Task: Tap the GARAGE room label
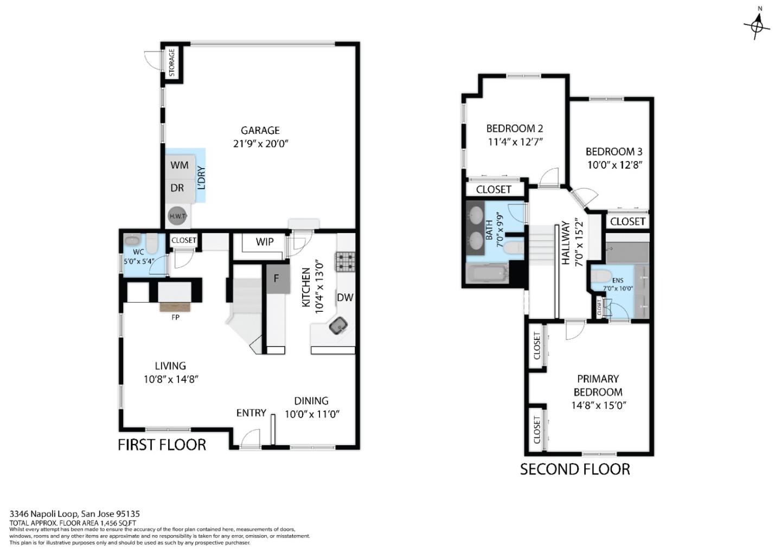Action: (x=260, y=130)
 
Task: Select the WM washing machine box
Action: (x=180, y=165)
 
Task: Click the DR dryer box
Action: (x=177, y=188)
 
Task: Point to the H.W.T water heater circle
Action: (x=178, y=216)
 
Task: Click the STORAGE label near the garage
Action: (x=172, y=62)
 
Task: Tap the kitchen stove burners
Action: (x=345, y=262)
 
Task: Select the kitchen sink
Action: (x=339, y=325)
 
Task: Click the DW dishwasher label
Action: (x=345, y=297)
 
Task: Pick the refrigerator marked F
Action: (x=276, y=279)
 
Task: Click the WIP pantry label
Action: (x=265, y=242)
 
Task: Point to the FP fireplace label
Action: (x=175, y=317)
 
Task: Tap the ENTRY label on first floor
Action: (x=251, y=413)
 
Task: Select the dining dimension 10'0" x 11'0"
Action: (x=312, y=414)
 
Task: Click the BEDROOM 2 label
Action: (x=514, y=129)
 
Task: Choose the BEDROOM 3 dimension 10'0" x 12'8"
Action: (x=614, y=165)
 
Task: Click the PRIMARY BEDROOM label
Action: (x=598, y=385)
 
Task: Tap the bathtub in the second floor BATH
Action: (x=487, y=273)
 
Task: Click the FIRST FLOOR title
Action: (x=162, y=445)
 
